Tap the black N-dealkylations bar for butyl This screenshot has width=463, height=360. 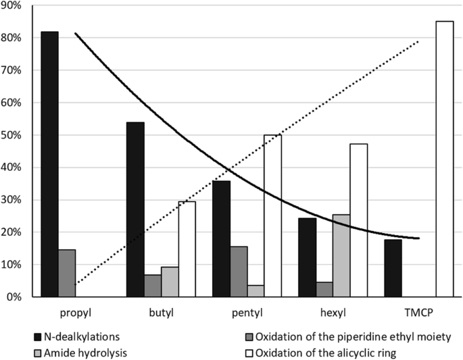pos(135,209)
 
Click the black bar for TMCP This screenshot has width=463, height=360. pos(392,268)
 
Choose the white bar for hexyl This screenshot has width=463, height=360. pos(358,220)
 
